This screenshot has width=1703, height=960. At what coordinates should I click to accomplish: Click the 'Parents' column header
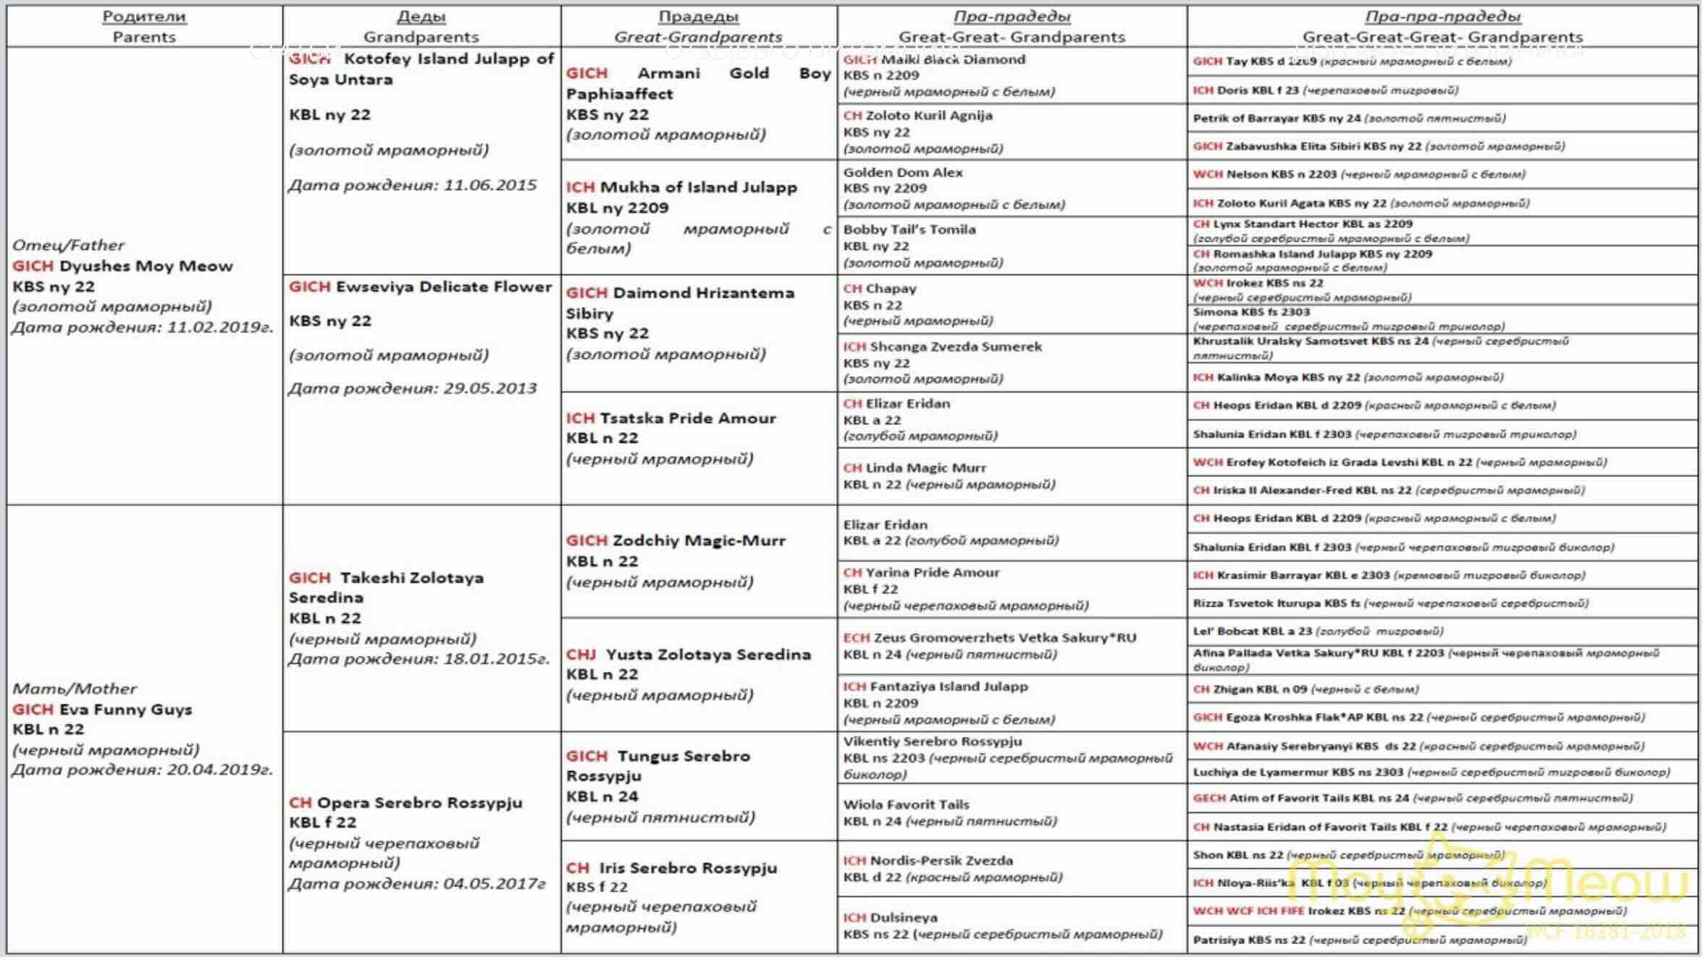[143, 37]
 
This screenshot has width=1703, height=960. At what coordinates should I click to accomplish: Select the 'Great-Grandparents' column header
[697, 37]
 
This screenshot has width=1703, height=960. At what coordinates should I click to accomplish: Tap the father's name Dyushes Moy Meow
[146, 266]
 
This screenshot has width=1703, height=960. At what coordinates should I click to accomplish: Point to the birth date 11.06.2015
[489, 185]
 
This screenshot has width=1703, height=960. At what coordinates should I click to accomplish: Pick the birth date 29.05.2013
[489, 389]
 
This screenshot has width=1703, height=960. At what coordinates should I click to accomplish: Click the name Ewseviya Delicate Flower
[443, 287]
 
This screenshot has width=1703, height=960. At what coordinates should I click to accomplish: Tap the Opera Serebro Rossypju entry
[419, 803]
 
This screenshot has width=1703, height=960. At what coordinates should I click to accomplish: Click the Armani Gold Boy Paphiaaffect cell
[698, 83]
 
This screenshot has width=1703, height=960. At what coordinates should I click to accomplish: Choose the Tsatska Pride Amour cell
[687, 418]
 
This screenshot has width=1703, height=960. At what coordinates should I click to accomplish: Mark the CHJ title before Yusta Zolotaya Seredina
[581, 654]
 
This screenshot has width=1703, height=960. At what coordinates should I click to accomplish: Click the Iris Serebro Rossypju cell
[687, 868]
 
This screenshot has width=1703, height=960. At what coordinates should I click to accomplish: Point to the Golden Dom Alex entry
[902, 173]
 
